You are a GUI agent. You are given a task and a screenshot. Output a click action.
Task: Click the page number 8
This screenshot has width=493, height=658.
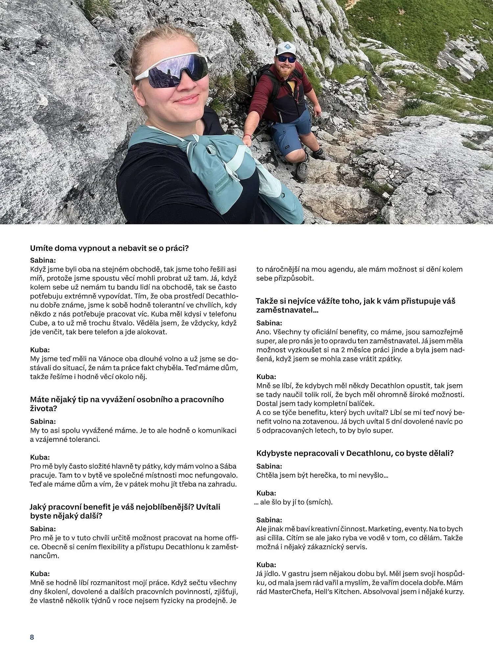pos(32,637)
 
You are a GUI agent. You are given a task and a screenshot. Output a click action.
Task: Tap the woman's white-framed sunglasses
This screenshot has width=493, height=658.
pos(171,70)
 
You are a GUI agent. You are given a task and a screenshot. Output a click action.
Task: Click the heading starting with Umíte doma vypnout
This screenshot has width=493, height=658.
pos(109,248)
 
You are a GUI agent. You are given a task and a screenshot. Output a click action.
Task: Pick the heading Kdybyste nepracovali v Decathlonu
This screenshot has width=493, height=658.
pos(355,453)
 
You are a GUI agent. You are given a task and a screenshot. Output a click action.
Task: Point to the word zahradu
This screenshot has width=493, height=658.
pos(223,484)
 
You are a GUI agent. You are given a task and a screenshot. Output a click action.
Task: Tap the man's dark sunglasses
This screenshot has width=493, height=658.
pos(287,59)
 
